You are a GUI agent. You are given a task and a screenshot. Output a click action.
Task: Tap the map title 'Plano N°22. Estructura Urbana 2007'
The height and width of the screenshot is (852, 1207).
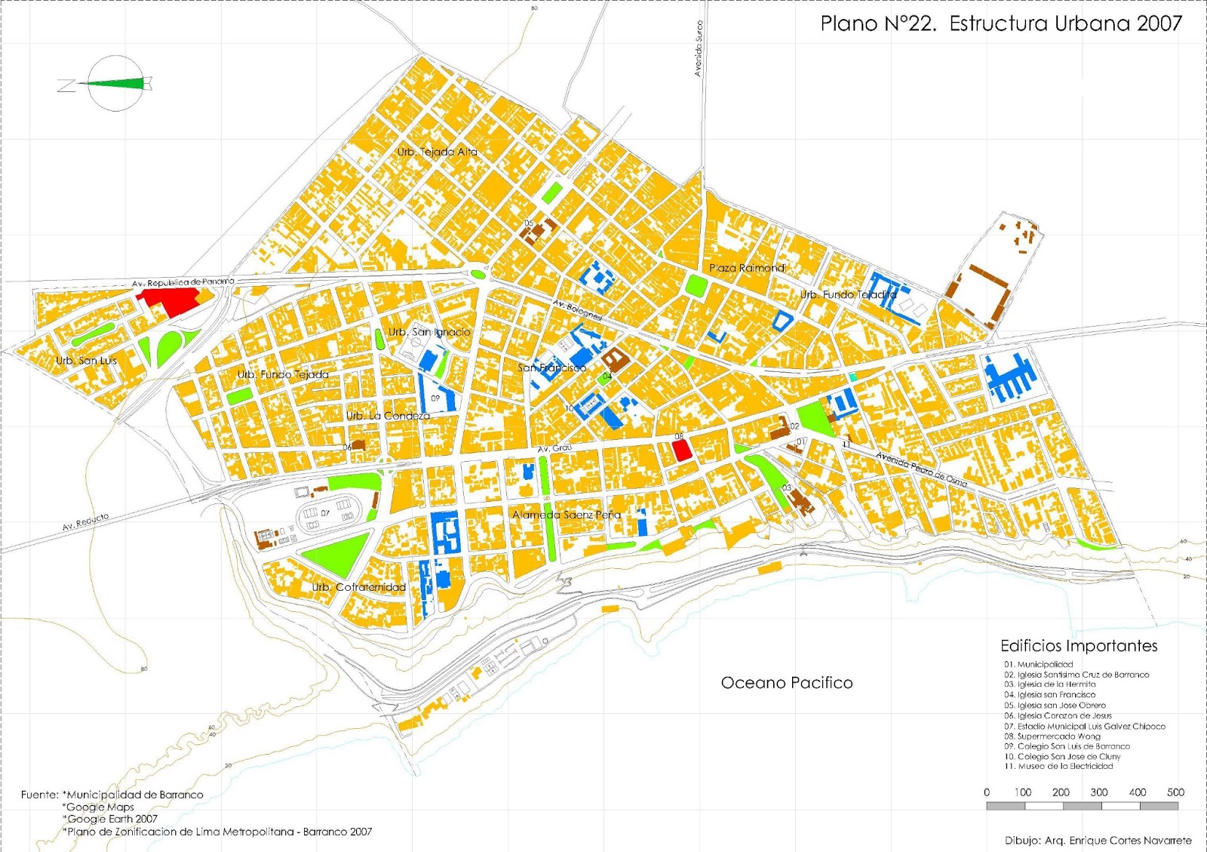tap(1001, 24)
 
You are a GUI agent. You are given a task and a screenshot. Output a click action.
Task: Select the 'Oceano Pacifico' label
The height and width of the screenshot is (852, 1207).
tap(787, 683)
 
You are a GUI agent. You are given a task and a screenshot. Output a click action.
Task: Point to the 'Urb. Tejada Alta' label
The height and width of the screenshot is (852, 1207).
tap(438, 152)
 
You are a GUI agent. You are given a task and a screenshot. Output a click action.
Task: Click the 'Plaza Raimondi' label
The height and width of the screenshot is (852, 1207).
tap(747, 268)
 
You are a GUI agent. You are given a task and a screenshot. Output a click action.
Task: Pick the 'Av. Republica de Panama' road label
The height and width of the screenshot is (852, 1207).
tap(183, 283)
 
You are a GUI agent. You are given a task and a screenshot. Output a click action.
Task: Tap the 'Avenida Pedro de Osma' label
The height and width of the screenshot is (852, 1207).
tap(921, 469)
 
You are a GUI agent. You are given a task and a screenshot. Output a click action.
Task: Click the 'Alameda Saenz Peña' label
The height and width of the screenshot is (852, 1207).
tap(567, 515)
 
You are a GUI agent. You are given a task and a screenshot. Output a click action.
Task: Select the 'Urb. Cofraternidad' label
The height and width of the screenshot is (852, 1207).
tap(359, 587)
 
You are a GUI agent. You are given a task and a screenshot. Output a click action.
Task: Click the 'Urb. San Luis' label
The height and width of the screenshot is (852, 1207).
tap(86, 361)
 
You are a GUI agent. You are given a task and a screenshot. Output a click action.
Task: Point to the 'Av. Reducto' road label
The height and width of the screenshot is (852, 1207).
tap(85, 521)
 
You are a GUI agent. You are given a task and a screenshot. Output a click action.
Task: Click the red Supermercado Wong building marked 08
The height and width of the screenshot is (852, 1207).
tap(682, 451)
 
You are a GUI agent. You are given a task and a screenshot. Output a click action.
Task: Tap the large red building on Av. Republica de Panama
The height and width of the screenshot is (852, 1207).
tap(170, 302)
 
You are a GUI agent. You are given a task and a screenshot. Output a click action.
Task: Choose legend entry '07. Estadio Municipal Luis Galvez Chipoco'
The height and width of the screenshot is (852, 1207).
tap(1084, 726)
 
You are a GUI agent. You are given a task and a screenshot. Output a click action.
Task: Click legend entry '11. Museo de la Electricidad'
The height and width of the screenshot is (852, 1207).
tap(1058, 766)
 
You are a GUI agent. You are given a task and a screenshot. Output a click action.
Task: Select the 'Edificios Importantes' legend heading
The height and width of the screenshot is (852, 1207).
tap(1079, 646)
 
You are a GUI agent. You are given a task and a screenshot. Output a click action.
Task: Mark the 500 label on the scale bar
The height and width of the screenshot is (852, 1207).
tap(1175, 792)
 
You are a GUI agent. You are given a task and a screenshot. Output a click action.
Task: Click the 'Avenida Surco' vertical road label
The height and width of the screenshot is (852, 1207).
tap(699, 48)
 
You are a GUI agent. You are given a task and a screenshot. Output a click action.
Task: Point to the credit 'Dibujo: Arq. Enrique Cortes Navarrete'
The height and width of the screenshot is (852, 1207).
tap(1098, 840)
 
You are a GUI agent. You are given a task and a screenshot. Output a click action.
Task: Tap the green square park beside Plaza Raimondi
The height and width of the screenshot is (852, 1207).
tap(696, 285)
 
